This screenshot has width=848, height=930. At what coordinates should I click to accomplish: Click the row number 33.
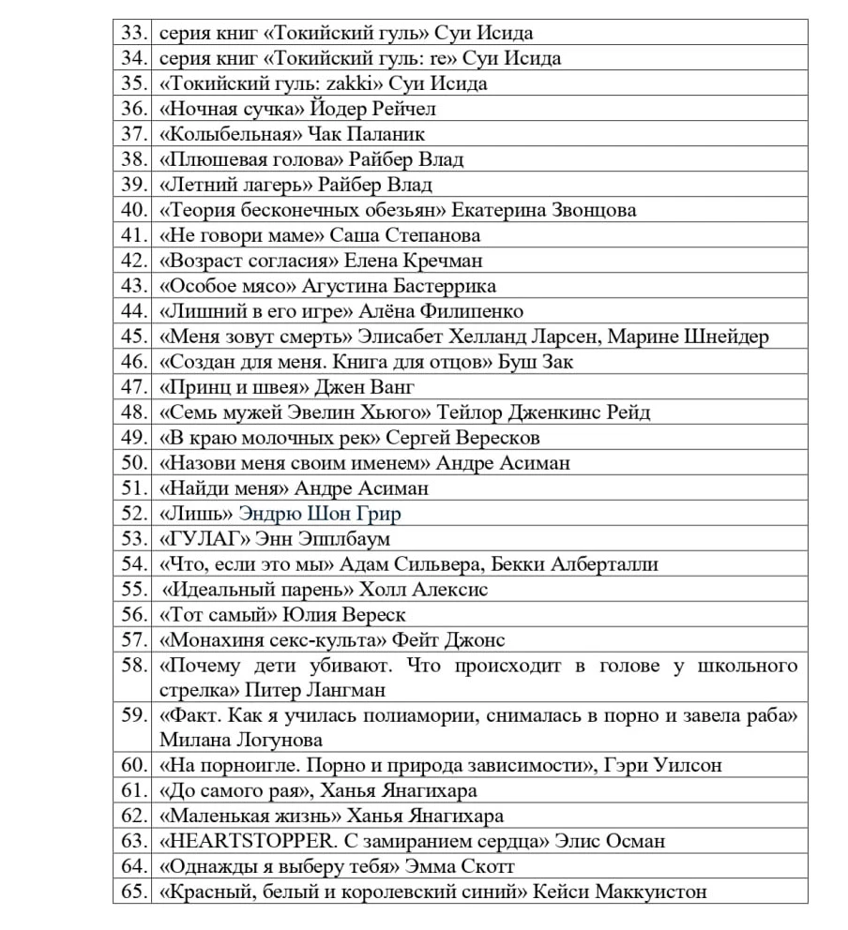click(x=132, y=33)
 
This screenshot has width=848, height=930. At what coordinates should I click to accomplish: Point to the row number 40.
click(x=132, y=210)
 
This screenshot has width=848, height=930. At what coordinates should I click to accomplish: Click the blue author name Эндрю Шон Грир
click(x=320, y=514)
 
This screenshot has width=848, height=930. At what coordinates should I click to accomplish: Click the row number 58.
click(x=132, y=666)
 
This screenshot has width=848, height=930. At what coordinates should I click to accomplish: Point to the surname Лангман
click(x=347, y=691)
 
